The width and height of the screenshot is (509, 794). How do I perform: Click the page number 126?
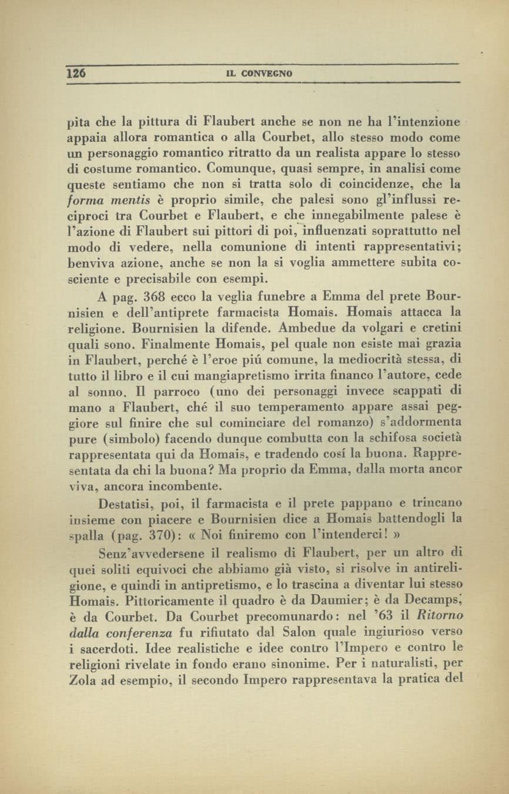[77, 74]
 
